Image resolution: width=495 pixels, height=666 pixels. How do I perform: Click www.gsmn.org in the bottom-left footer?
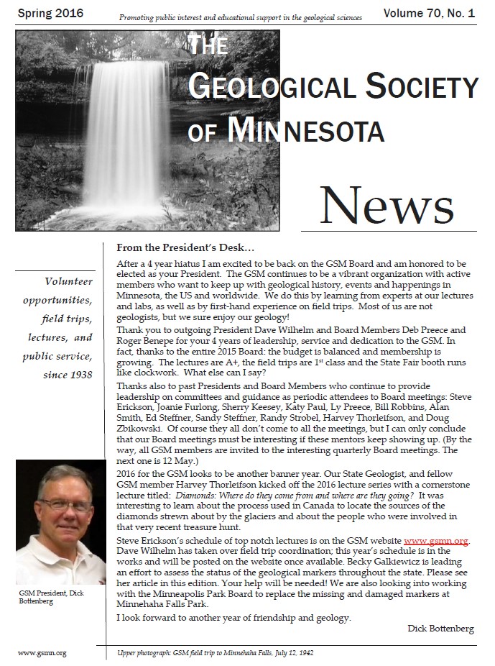[42, 653]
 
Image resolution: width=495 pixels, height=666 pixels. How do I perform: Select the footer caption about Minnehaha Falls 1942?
[216, 653]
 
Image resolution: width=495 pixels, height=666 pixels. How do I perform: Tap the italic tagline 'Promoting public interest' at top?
[240, 16]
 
